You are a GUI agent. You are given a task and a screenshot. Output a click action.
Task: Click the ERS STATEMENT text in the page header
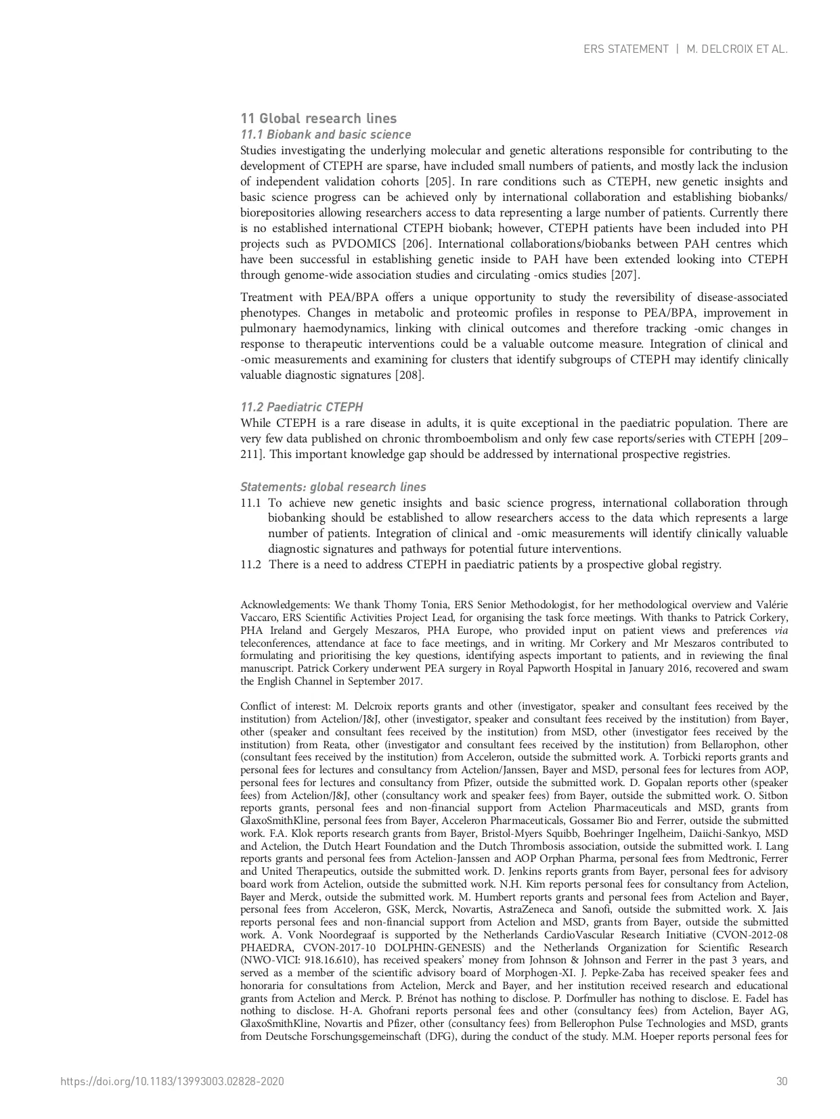(x=625, y=49)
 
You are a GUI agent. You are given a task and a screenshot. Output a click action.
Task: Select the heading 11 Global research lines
(x=318, y=119)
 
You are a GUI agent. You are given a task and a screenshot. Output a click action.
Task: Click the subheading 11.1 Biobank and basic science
(x=326, y=135)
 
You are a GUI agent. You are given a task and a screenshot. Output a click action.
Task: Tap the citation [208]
(x=410, y=375)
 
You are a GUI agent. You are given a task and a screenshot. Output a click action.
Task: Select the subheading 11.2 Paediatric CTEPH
(x=301, y=407)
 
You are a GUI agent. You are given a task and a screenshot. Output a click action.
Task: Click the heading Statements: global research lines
(x=333, y=487)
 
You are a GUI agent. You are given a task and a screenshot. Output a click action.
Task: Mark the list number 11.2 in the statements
(x=250, y=564)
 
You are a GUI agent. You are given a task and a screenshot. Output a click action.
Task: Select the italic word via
(x=781, y=631)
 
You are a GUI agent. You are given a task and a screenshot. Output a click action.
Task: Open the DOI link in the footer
(x=172, y=1081)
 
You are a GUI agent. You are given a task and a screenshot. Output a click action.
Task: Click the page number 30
(x=782, y=1081)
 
